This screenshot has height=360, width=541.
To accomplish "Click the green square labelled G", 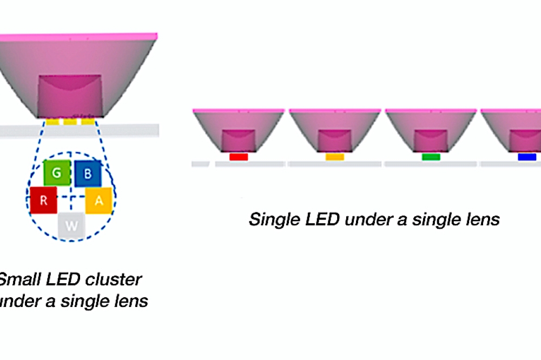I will click(x=56, y=173).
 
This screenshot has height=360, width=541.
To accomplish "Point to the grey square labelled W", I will click(x=72, y=225).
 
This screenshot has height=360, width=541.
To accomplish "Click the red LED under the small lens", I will click(x=239, y=157).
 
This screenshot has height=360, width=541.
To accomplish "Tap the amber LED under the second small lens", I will click(x=334, y=157).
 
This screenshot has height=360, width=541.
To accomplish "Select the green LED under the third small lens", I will click(x=431, y=157).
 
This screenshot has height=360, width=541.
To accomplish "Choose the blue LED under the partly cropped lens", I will click(x=527, y=157).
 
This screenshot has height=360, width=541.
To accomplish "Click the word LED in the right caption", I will click(x=323, y=219).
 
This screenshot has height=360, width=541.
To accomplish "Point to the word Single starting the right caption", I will click(x=274, y=220).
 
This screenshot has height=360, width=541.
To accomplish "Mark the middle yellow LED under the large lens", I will click(x=70, y=122).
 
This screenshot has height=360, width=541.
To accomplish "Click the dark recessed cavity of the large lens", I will click(x=69, y=95).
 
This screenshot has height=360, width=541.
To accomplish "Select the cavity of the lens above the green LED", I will click(x=431, y=140).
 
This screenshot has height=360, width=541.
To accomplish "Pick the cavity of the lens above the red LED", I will click(x=239, y=140).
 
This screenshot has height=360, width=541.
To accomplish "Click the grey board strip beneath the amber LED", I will click(x=334, y=164).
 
